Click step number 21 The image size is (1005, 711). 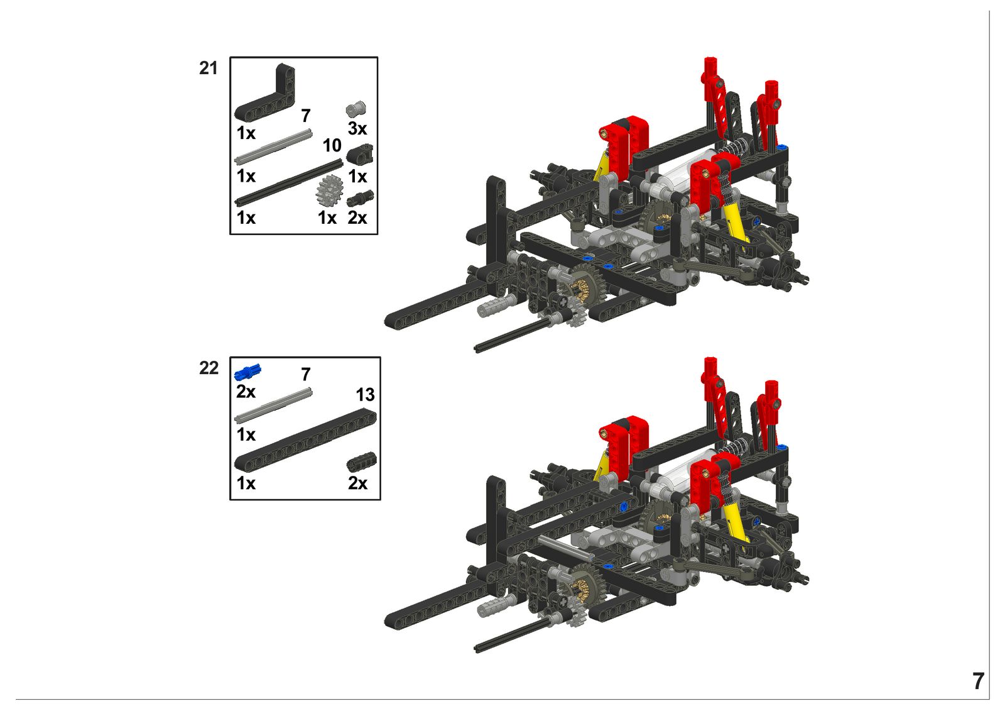pos(208,69)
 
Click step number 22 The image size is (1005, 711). pos(209,368)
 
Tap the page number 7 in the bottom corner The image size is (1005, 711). pos(979,681)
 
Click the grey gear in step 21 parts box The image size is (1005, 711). pos(329,191)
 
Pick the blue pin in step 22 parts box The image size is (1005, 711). pos(247,372)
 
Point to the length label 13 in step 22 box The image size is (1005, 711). pos(365,395)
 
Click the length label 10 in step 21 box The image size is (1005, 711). pos(332,145)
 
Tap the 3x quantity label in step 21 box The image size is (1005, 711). pos(357,129)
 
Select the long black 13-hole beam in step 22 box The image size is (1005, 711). pos(305,439)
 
